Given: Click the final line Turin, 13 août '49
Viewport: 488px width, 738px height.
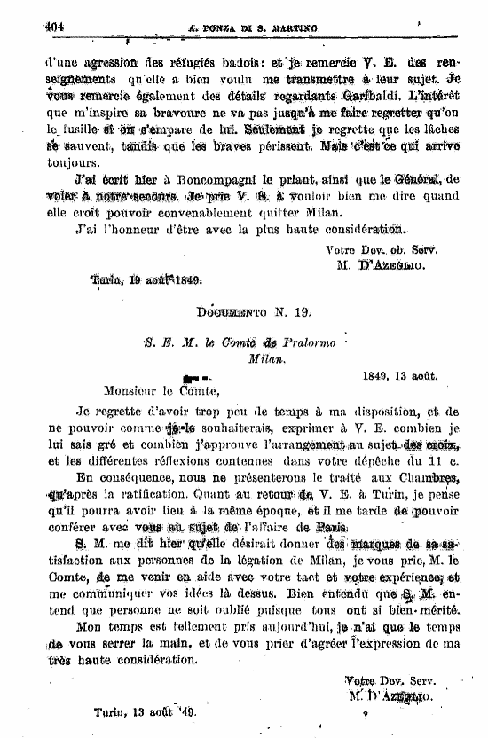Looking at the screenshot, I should click(144, 712).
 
